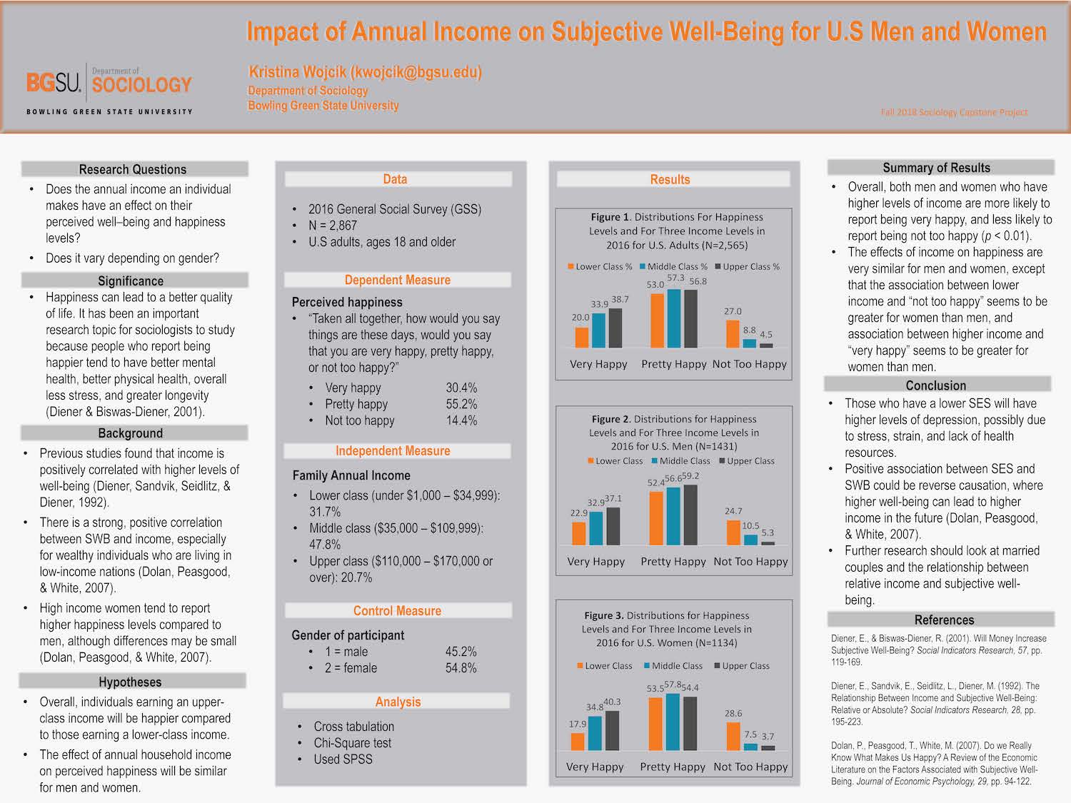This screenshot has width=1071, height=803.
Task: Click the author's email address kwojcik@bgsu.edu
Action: pyautogui.click(x=416, y=72)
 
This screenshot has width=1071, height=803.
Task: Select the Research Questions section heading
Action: pyautogui.click(x=133, y=169)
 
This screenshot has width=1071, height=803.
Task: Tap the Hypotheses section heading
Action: pyautogui.click(x=130, y=682)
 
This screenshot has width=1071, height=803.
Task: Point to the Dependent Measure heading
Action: pyautogui.click(x=397, y=280)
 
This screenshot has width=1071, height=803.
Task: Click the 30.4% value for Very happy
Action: pyautogui.click(x=461, y=388)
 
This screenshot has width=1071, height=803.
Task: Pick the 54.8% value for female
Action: pyautogui.click(x=461, y=668)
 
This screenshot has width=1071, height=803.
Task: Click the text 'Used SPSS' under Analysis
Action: pyautogui.click(x=343, y=759)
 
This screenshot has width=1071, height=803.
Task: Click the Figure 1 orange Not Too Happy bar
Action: pyautogui.click(x=733, y=334)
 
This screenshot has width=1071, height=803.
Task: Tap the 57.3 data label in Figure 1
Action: pyautogui.click(x=675, y=278)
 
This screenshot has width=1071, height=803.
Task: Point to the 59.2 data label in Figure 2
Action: pyautogui.click(x=690, y=476)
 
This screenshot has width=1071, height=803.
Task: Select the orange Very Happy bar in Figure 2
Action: pyautogui.click(x=579, y=533)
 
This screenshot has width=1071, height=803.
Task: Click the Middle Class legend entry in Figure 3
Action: pyautogui.click(x=673, y=666)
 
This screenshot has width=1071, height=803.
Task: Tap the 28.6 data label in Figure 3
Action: pyautogui.click(x=733, y=713)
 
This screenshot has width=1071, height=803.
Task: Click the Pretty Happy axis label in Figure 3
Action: pyautogui.click(x=673, y=767)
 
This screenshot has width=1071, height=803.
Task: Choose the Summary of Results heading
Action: pyautogui.click(x=936, y=168)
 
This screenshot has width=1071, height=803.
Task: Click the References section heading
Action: pyautogui.click(x=944, y=620)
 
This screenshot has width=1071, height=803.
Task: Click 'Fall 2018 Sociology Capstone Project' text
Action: pyautogui.click(x=954, y=112)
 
